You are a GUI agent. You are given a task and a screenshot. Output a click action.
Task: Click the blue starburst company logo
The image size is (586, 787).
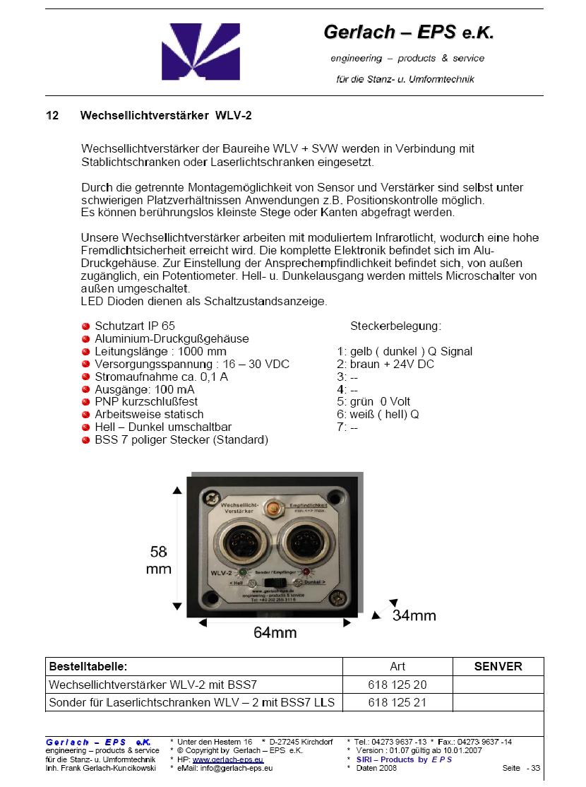click(191, 52)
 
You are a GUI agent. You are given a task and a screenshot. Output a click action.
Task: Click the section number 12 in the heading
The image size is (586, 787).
click(52, 115)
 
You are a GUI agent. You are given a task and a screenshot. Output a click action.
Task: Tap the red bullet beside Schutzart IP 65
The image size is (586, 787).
click(86, 326)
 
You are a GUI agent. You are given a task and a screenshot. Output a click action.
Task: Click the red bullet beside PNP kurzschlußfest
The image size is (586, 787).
click(86, 402)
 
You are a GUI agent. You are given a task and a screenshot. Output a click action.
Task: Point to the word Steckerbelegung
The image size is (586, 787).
click(395, 326)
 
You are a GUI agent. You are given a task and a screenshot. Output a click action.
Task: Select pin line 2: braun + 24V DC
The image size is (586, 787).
click(385, 365)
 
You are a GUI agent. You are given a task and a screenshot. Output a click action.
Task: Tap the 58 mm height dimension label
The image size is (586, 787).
click(159, 560)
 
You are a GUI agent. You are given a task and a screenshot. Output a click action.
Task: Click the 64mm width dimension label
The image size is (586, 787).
click(275, 632)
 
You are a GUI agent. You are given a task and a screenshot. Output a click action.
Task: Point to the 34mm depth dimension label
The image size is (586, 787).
click(414, 615)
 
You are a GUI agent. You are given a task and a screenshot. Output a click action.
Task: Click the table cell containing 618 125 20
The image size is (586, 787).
click(397, 685)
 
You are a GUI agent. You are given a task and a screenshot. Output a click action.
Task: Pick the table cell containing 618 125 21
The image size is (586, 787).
click(397, 703)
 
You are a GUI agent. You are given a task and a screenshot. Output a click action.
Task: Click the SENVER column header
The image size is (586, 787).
click(498, 666)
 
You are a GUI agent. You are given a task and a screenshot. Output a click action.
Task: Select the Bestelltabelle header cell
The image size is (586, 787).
click(88, 666)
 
